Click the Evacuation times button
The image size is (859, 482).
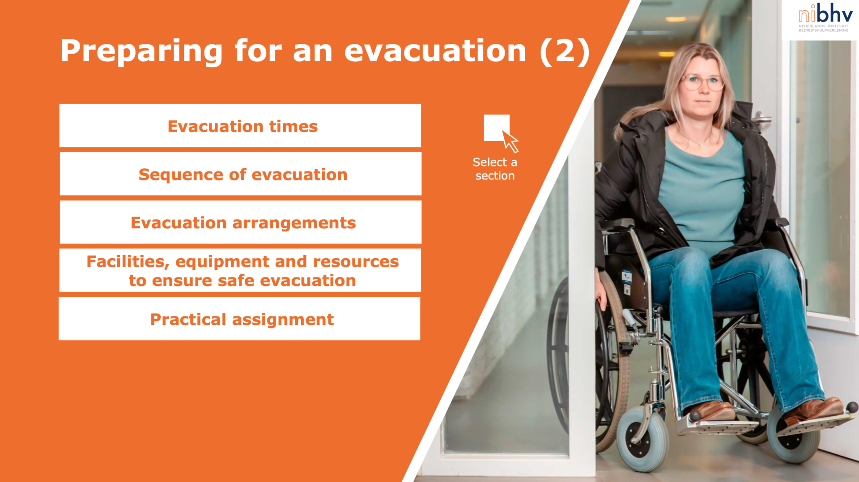[240, 126]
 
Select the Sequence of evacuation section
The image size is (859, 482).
[241, 174]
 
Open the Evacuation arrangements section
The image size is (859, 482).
[241, 222]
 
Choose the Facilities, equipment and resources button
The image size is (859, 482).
[240, 271]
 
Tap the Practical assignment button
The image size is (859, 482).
[239, 319]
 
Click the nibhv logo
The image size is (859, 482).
[825, 17]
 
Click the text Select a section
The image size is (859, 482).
[495, 169]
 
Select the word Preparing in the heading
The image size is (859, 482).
[141, 52]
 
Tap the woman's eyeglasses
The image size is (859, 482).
[702, 82]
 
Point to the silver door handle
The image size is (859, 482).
[761, 119]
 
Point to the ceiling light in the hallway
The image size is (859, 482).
[676, 19]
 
